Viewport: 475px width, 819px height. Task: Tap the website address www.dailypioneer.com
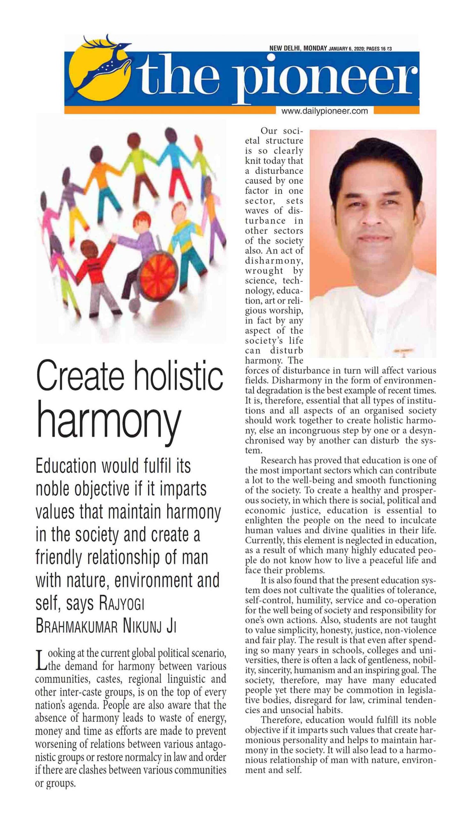324,111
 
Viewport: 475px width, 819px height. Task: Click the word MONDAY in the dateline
315,48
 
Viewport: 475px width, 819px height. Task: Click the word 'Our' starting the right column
269,131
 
